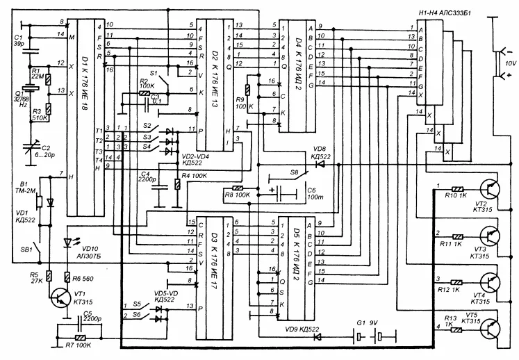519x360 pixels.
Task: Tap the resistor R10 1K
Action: [459, 188]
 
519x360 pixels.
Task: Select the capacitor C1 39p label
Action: [19, 40]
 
